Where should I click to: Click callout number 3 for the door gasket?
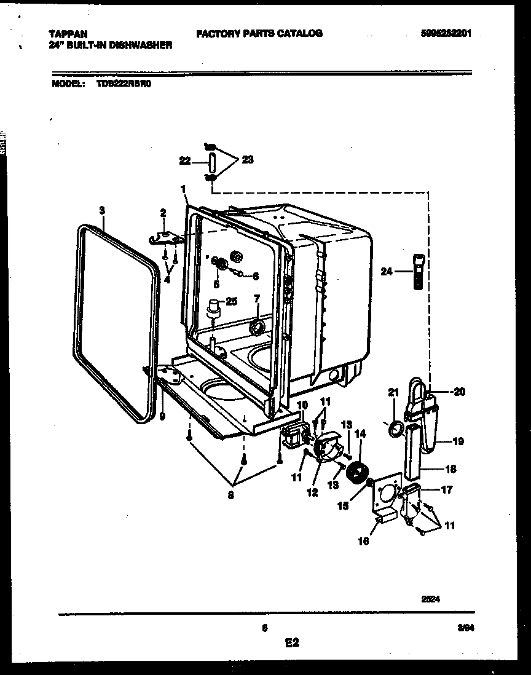(101, 210)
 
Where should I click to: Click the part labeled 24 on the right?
(418, 270)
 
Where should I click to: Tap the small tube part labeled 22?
(211, 163)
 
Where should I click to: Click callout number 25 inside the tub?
(231, 301)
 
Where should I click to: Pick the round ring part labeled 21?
(396, 427)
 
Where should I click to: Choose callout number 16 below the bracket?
(364, 541)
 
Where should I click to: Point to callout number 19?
(458, 441)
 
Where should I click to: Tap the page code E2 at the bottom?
(291, 643)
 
